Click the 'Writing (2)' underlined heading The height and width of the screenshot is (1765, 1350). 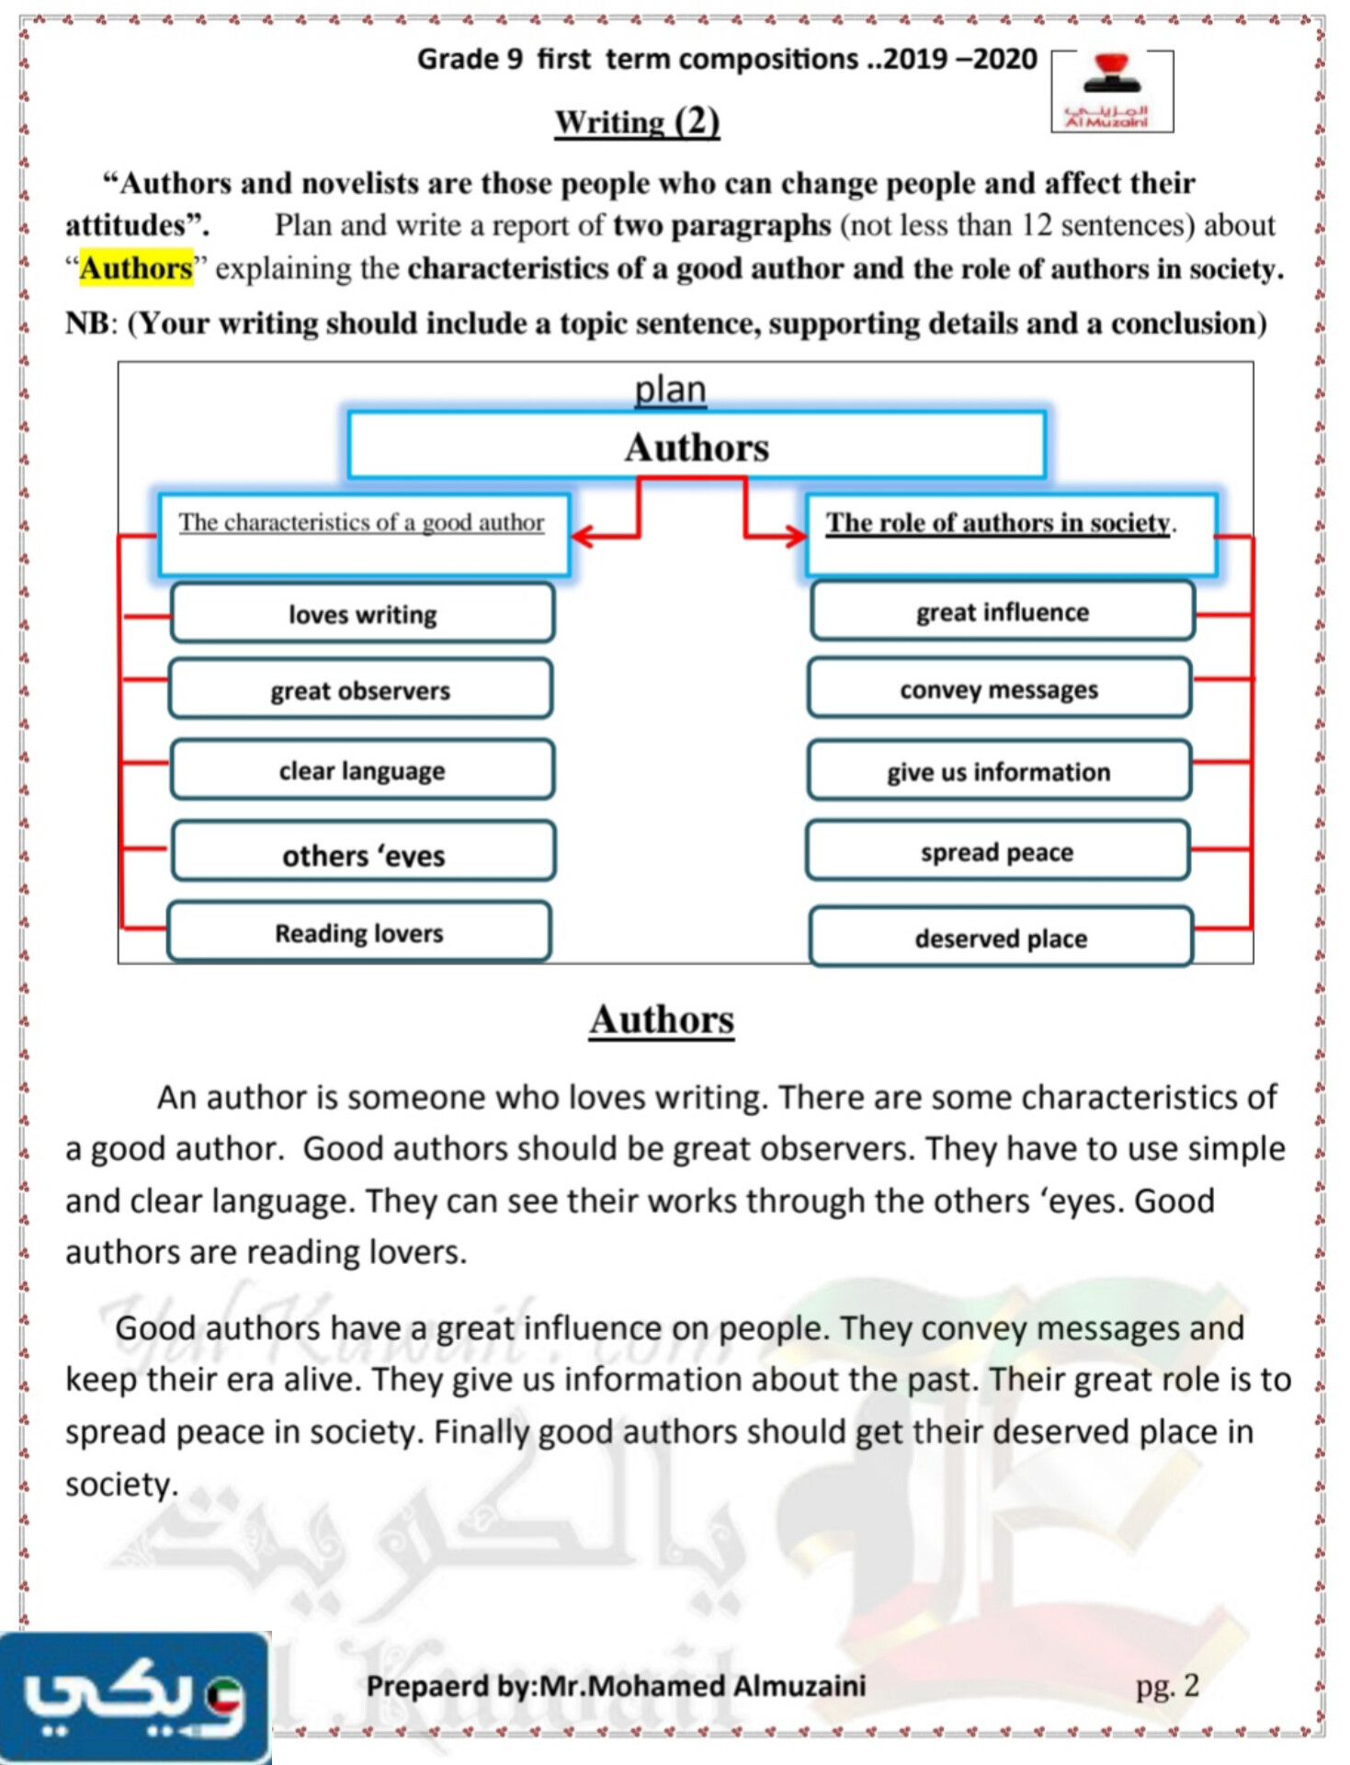coord(637,121)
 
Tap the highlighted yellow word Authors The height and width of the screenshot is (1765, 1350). coord(136,268)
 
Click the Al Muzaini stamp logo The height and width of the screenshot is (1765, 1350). coord(1112,92)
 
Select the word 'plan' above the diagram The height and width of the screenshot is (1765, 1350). coord(670,389)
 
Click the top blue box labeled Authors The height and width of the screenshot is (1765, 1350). coord(697,446)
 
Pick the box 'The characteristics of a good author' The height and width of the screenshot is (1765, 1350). coord(362,533)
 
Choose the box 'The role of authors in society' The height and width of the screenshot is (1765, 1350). coord(1010,533)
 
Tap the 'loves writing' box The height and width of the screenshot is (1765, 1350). coord(362,613)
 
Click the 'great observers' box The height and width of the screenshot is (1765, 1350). coord(360,689)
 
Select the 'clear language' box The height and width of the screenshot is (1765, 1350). coord(362,769)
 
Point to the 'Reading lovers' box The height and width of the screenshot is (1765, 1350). coord(359,932)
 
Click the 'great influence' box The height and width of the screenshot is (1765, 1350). coord(1002,611)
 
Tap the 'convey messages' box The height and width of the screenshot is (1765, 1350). coord(999,689)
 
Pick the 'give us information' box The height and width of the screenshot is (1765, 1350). coord(999,770)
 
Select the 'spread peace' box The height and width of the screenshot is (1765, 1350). coord(997,851)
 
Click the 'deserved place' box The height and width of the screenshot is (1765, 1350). coord(1001,938)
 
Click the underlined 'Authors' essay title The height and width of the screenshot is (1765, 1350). coord(662,1019)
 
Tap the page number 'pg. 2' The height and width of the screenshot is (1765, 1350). coord(1167,1685)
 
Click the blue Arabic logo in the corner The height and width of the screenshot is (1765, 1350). coord(134,1697)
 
